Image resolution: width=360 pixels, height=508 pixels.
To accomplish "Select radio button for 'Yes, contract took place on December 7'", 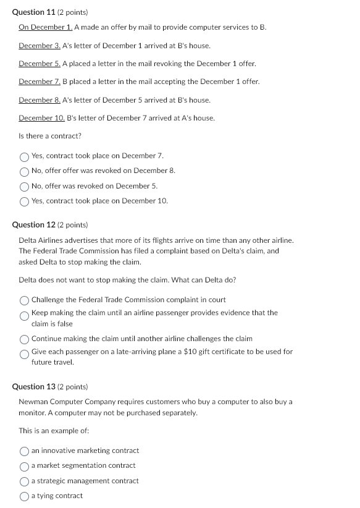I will coord(25,156).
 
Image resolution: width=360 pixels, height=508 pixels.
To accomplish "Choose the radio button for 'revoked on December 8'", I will coord(25,171).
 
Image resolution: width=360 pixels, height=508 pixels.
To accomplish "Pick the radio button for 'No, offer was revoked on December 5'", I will coord(25,186).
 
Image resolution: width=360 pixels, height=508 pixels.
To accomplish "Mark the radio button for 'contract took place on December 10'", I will coord(25,201).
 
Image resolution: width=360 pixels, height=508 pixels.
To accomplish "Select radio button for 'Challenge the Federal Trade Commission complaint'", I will coord(25,300).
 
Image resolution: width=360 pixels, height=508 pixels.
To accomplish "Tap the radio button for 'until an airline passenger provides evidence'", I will coord(25,316).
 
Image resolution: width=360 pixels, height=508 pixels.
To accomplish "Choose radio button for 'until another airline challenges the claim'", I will coord(25,339).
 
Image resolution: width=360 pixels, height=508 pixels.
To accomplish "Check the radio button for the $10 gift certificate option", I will coord(25,354).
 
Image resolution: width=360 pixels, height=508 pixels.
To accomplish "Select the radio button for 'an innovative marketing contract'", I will coord(25,451).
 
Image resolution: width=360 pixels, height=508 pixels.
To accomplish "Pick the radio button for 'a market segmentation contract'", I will coord(25,466).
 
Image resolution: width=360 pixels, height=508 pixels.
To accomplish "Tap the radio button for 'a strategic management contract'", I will coord(25,481).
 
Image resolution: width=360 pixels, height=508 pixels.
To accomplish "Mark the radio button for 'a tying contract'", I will coord(25,496).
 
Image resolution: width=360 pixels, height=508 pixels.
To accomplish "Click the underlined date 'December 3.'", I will coord(40,46).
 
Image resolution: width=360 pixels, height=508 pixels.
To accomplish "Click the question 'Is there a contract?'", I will coord(50,136).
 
